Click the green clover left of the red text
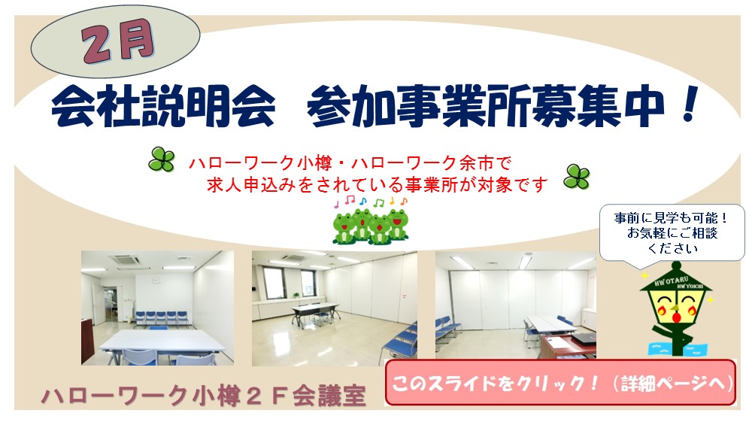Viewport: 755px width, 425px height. pyautogui.click(x=161, y=159)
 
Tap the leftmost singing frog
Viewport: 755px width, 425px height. pyautogui.click(x=344, y=226)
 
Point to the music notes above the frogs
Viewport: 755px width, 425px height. pyautogui.click(x=371, y=202)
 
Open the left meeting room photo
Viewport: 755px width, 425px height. pyautogui.click(x=157, y=308)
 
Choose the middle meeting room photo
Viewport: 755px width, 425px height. pyautogui.click(x=335, y=308)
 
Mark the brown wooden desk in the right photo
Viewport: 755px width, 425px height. pyautogui.click(x=567, y=346)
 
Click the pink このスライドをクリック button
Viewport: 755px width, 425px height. pyautogui.click(x=561, y=384)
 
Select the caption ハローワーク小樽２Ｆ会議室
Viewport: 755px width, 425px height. pyautogui.click(x=204, y=396)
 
